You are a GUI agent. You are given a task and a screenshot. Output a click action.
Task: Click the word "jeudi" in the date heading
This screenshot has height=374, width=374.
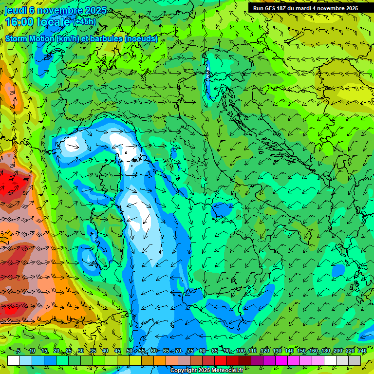pos(15,10)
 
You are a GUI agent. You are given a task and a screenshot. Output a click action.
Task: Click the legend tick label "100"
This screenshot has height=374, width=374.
pos(241,351)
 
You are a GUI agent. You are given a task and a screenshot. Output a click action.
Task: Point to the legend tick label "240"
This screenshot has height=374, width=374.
pos(362,351)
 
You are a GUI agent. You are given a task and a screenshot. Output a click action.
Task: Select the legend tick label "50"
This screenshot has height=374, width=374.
pos(130,351)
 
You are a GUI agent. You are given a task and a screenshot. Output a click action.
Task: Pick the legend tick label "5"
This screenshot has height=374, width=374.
pos(19,351)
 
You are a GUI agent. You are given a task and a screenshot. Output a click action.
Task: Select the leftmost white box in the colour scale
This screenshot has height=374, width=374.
pos(14,360)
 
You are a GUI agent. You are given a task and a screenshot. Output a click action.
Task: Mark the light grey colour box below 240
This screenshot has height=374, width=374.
pos(355,360)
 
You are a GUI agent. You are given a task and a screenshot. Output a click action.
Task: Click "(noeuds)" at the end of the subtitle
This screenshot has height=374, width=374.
pos(141,39)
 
